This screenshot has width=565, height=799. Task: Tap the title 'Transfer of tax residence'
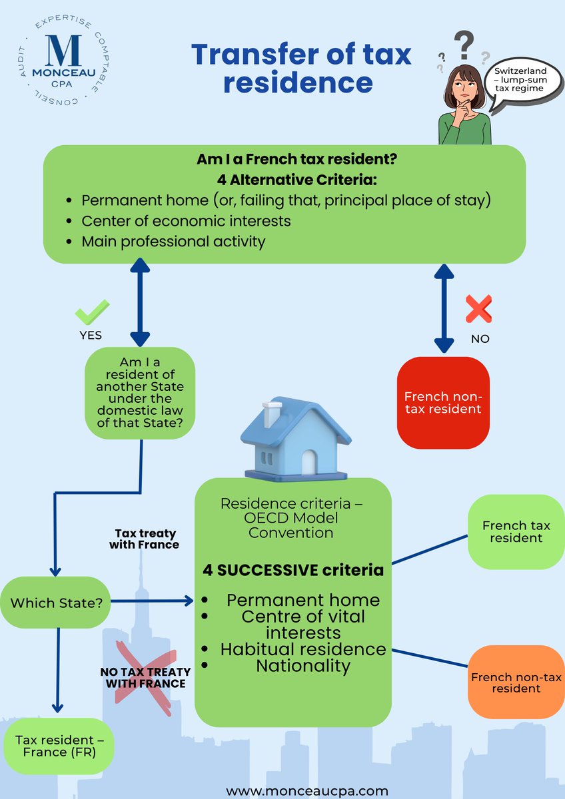click(x=301, y=69)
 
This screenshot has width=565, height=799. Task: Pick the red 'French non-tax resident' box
click(x=443, y=401)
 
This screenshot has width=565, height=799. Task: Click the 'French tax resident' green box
click(x=516, y=531)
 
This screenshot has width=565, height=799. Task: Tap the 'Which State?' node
click(x=56, y=603)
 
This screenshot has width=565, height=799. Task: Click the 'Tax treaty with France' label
click(x=147, y=539)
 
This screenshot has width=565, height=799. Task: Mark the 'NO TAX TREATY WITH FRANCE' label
click(x=143, y=677)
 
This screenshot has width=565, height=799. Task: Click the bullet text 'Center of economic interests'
click(x=186, y=220)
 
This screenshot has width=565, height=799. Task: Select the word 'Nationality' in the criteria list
click(x=303, y=665)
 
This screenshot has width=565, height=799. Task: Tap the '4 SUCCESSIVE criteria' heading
click(x=293, y=570)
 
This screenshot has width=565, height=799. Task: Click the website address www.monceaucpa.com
click(x=306, y=790)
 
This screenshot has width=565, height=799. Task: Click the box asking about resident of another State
click(x=140, y=393)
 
